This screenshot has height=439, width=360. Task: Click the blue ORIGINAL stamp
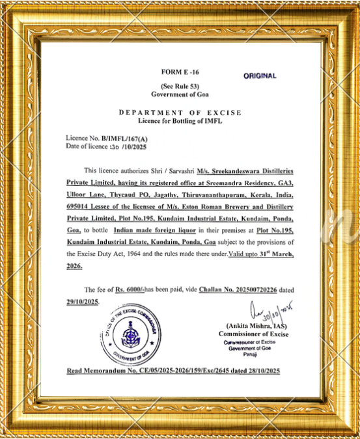coord(260,76)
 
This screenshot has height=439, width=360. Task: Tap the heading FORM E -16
coord(180,71)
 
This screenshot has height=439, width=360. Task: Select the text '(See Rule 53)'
coord(180,86)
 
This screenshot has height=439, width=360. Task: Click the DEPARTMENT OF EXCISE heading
coord(180,113)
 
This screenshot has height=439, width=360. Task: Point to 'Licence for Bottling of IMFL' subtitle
coord(180,121)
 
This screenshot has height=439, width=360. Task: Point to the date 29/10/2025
coord(82,302)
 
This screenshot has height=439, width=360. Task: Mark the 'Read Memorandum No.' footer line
coord(173,370)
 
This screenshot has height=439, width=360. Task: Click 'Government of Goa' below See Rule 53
coord(180,94)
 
